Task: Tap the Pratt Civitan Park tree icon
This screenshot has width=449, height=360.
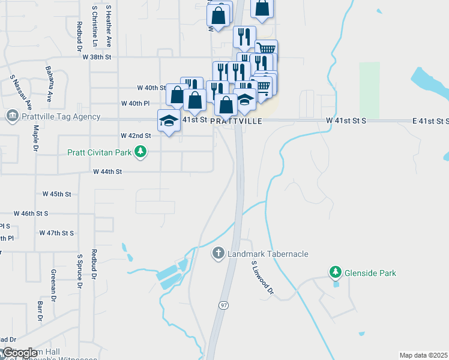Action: tap(140, 152)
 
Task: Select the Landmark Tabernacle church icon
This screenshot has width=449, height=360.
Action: tap(218, 254)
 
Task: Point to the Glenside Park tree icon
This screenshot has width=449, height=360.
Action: tap(336, 273)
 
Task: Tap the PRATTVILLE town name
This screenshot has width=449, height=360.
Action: tap(237, 121)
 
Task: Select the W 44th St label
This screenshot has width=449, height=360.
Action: tap(107, 172)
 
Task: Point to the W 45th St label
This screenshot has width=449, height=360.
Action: tap(57, 194)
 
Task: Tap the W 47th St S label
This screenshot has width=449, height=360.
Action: tap(56, 233)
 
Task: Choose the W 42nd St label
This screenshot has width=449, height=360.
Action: tap(136, 136)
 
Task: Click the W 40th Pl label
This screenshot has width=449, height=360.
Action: tap(135, 103)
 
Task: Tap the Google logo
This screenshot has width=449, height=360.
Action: tap(20, 353)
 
